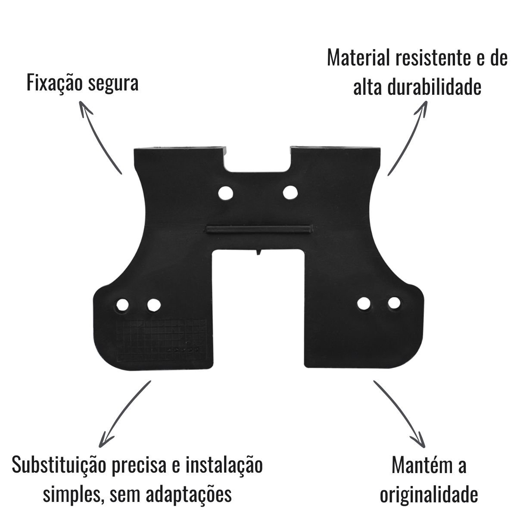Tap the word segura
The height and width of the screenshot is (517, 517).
[x=113, y=84]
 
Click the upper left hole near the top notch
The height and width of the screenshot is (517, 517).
[x=225, y=193]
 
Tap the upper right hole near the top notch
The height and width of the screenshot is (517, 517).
[x=290, y=193]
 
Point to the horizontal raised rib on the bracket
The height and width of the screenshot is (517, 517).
[x=259, y=229]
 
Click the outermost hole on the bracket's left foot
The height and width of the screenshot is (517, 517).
[x=122, y=305]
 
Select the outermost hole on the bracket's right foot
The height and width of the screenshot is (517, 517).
[x=394, y=303]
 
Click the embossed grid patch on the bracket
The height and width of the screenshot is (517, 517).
[x=161, y=341]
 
